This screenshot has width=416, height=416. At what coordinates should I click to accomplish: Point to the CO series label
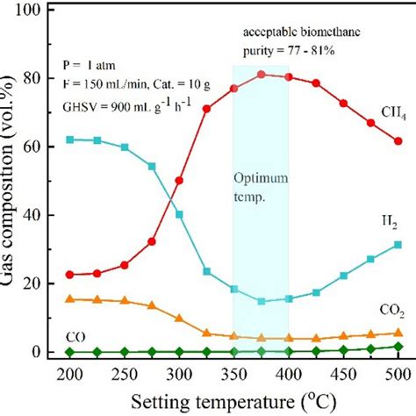pos(76,335)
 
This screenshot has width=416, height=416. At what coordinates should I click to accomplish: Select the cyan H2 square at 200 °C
pos(69,140)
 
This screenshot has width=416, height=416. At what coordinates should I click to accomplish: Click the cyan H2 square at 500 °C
pos(398,245)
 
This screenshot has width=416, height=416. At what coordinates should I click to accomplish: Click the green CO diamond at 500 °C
pos(398,347)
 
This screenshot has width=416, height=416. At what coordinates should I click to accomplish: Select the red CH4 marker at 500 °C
pos(398,141)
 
